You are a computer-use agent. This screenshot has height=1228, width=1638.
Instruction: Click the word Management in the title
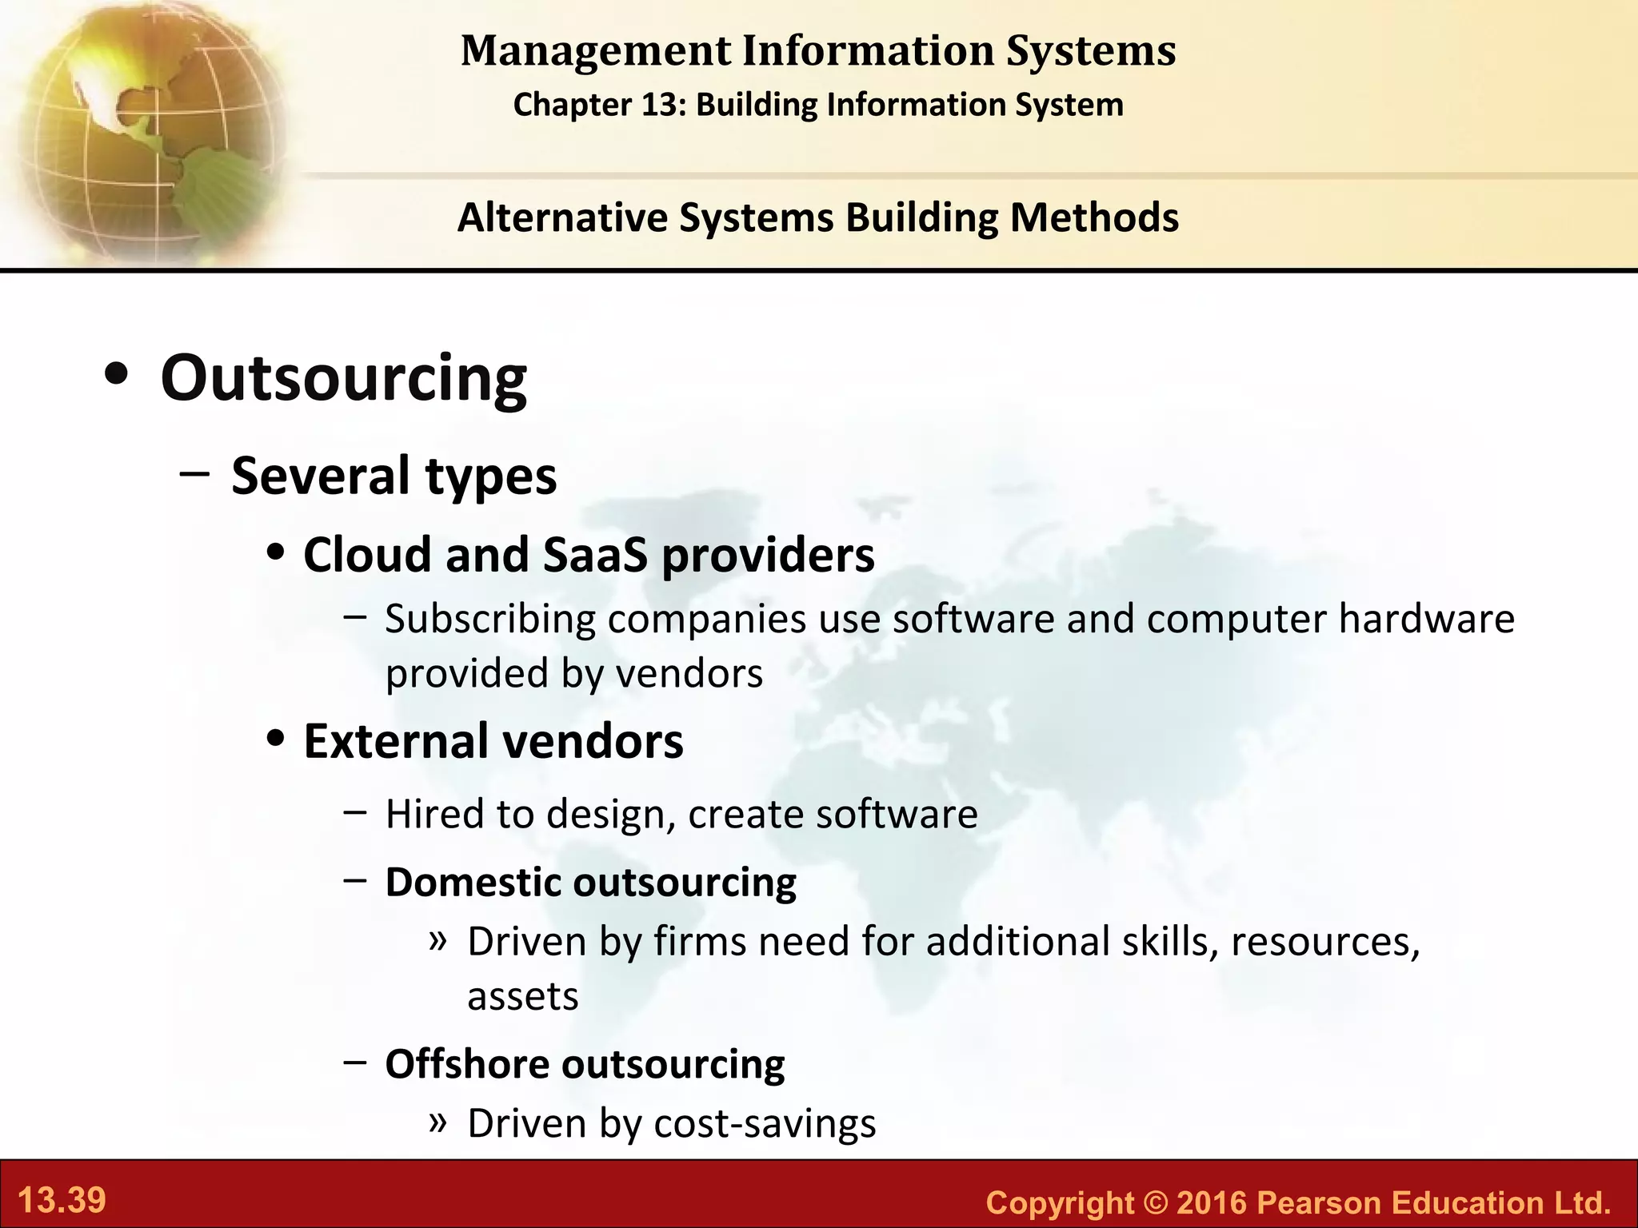(596, 51)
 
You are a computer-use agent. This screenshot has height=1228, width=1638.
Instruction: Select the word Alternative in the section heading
(562, 217)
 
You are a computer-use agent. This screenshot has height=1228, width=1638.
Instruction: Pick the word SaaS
(595, 554)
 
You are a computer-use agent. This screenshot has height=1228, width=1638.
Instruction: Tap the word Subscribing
(490, 620)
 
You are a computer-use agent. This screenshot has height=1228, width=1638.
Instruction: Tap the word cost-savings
(765, 1123)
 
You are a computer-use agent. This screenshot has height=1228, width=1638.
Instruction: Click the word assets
(522, 997)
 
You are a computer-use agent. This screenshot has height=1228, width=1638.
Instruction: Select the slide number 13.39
(62, 1201)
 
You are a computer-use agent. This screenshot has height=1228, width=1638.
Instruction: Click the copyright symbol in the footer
(1155, 1202)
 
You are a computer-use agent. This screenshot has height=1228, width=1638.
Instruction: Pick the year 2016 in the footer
(1212, 1202)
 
